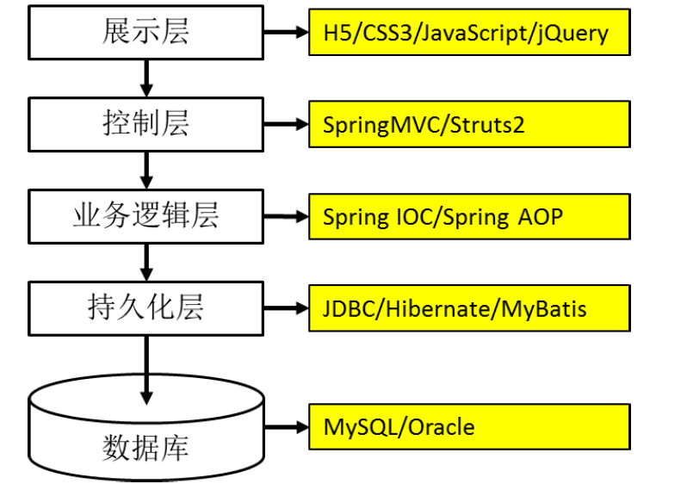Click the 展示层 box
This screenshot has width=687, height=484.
[145, 33]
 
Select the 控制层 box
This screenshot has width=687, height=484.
[145, 124]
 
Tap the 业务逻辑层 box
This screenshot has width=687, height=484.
[145, 216]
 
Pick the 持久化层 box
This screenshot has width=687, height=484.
[145, 307]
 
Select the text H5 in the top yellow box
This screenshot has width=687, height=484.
[336, 34]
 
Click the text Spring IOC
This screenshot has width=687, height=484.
[380, 217]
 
